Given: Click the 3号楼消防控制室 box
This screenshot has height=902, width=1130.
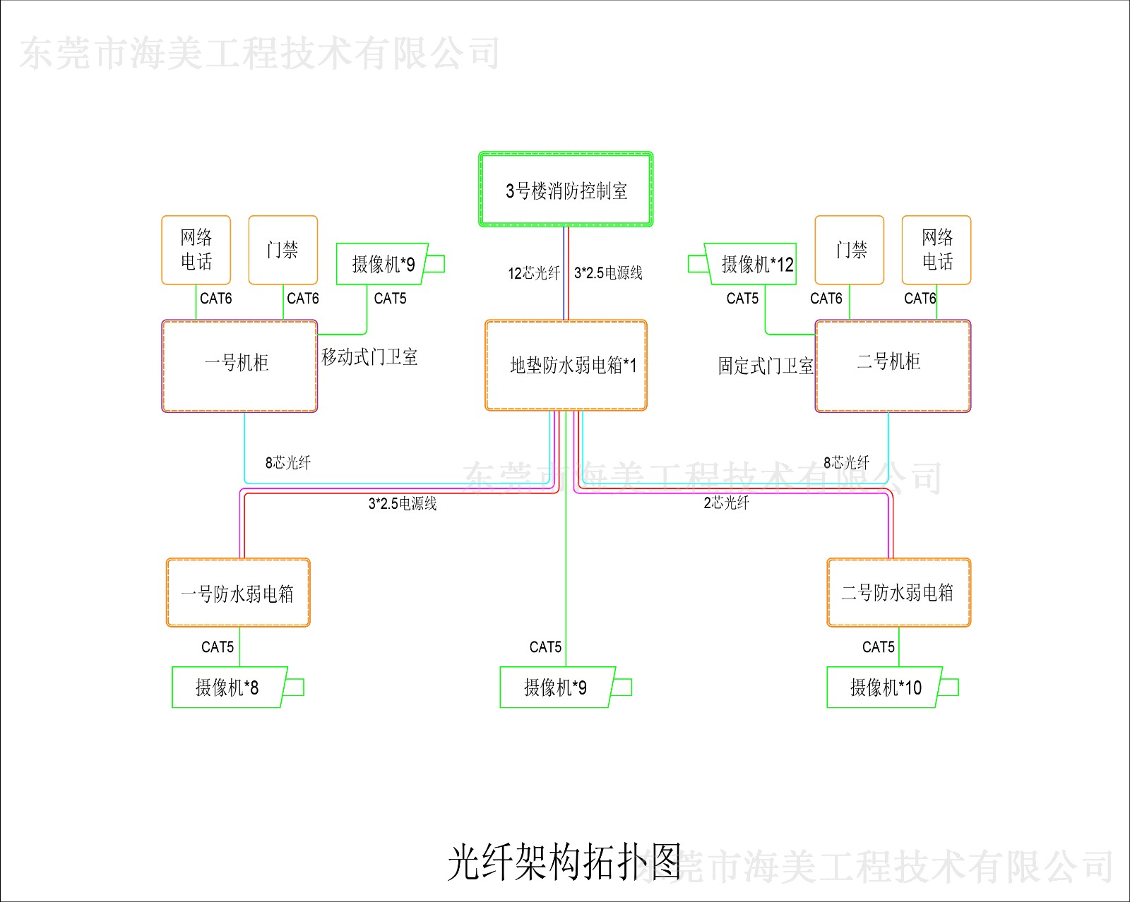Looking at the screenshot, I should pos(566,190).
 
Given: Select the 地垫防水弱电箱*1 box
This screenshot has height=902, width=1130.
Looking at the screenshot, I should pos(566,365).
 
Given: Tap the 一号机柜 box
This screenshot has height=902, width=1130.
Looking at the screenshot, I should pos(239,366).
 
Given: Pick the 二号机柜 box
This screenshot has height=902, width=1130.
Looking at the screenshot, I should pos(893,366).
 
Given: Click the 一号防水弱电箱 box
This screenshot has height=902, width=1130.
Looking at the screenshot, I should pos(238,593).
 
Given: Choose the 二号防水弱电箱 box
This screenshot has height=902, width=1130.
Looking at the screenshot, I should pos(898,592).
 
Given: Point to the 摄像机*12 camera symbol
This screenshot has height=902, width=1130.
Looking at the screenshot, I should pos(751,264).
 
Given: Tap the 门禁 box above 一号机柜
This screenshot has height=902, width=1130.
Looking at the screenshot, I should pos(283,250).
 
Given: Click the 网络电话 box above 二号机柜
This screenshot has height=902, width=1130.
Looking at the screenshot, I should pos(936,250).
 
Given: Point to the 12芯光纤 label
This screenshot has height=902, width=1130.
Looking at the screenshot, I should pos(534,273).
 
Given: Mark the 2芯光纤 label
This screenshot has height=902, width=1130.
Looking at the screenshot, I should pos(726,503).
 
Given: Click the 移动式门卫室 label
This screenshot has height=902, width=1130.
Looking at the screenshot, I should pos(369,357).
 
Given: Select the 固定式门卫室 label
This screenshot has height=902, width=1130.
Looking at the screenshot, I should pos(766,366).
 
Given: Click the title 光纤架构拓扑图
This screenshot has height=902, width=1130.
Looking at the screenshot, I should pos(565,862).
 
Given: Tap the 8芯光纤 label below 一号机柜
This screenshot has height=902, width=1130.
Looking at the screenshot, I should pos(288,462).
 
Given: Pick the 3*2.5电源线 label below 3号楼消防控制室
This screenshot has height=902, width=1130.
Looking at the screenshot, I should pos(608,273).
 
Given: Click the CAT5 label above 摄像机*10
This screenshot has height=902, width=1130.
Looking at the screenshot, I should pos(878,647).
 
